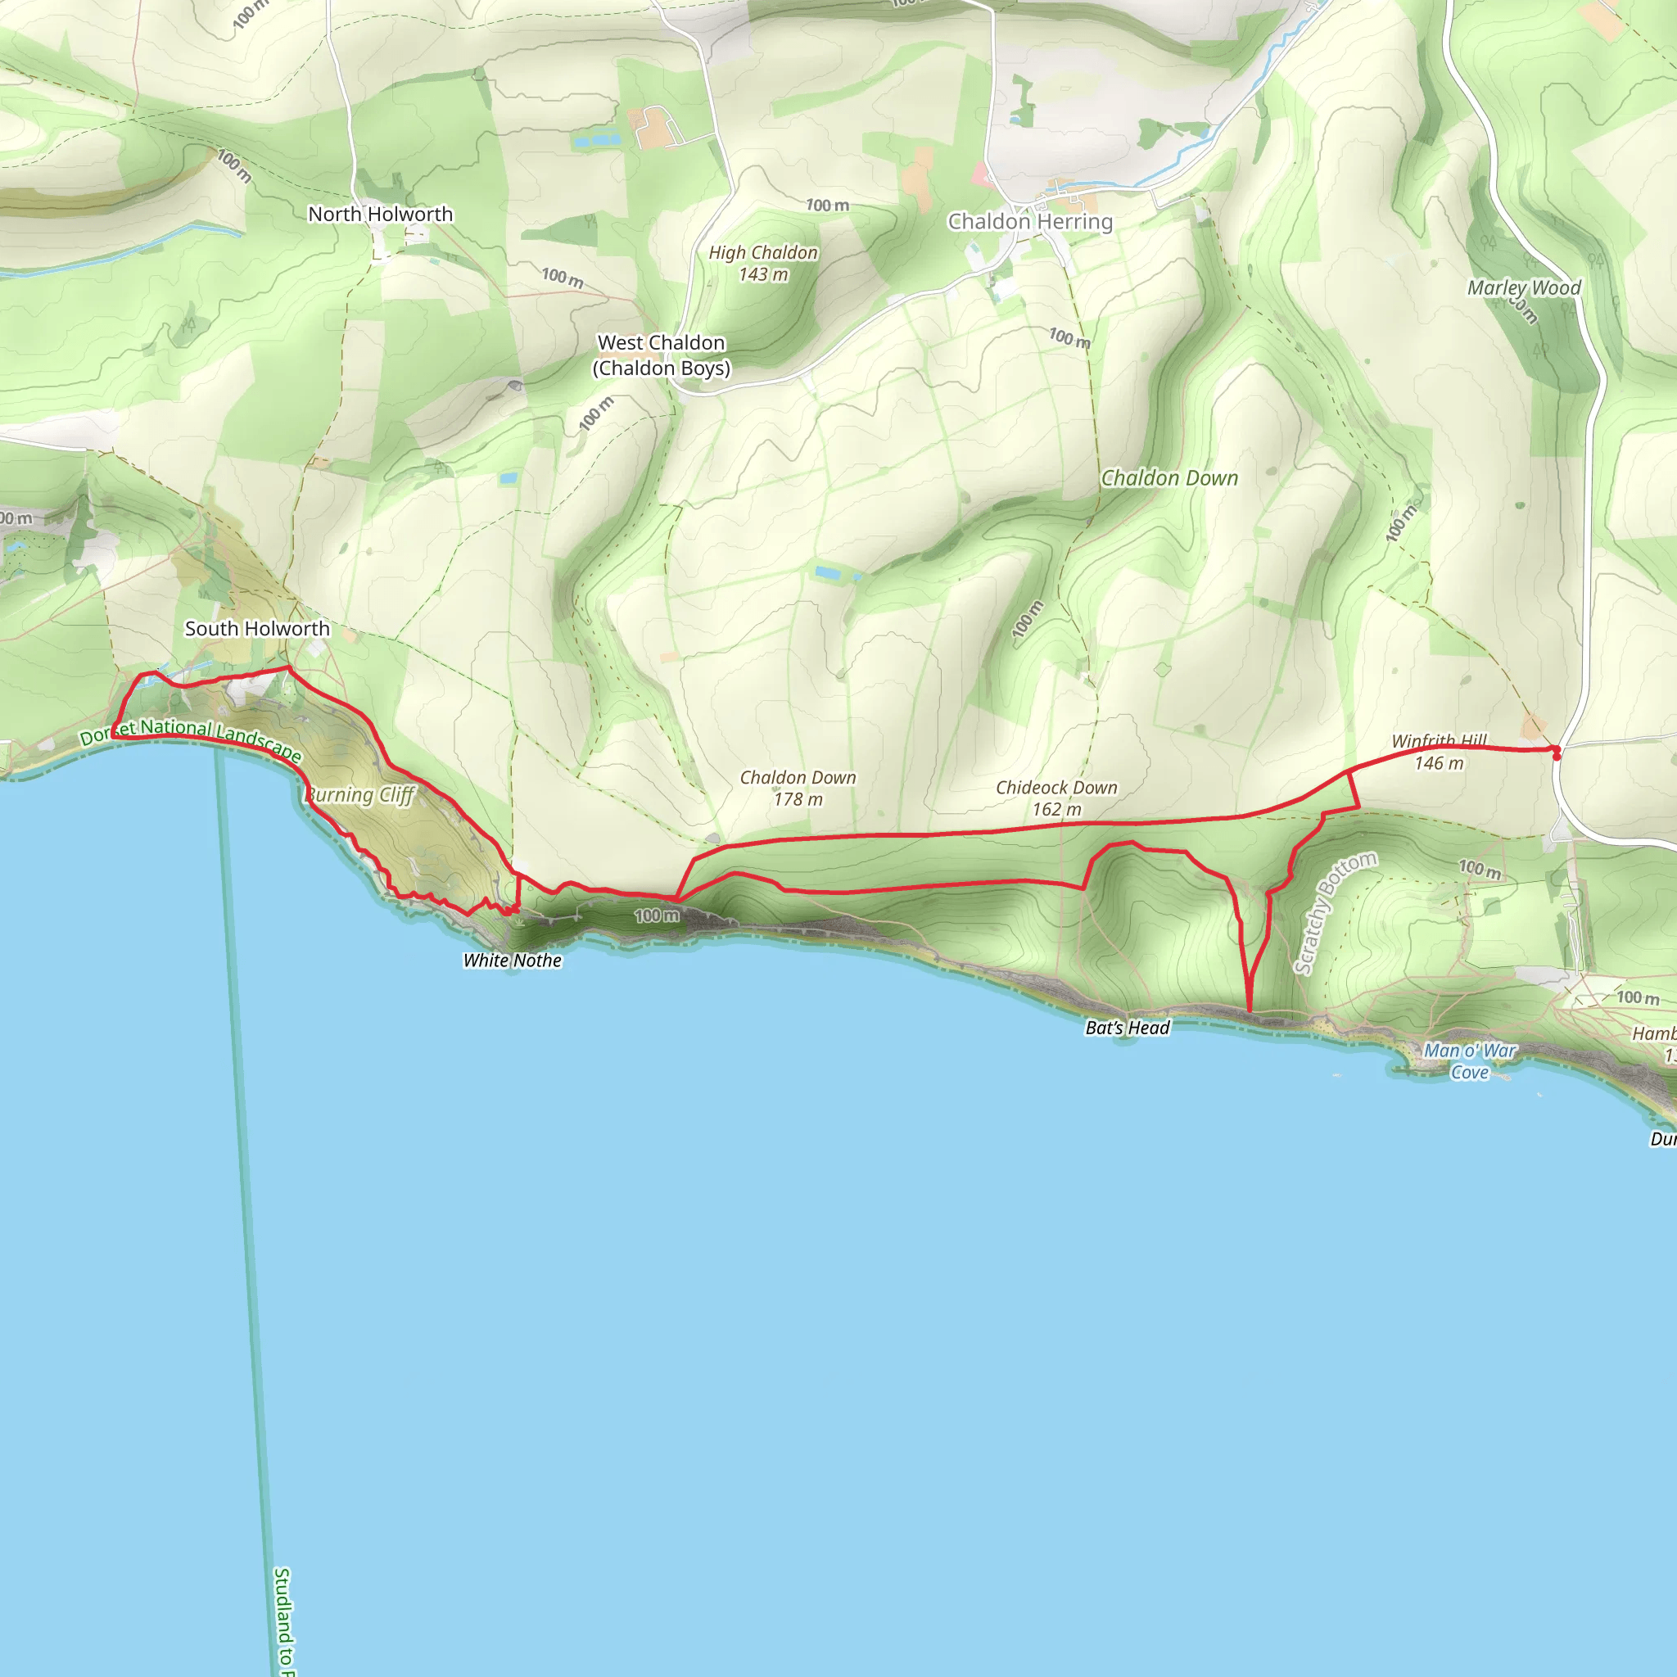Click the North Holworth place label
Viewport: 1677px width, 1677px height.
tap(380, 214)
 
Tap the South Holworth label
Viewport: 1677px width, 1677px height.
tap(257, 628)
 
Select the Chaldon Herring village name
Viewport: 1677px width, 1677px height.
tap(1029, 221)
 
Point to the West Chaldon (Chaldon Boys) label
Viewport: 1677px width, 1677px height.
tap(662, 355)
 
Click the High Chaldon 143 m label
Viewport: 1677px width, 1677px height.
tap(763, 263)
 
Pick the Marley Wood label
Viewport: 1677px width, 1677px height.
tap(1523, 287)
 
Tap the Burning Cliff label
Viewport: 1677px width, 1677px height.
tap(360, 794)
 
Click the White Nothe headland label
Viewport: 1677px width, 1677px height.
tap(512, 960)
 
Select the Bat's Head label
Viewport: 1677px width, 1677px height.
tap(1128, 1028)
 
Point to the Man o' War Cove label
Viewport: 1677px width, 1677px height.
tap(1470, 1060)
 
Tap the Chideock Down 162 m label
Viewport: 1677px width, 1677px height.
tap(1056, 798)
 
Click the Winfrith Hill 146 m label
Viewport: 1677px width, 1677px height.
tap(1440, 752)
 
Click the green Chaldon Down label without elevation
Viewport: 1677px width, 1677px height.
tap(1169, 478)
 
